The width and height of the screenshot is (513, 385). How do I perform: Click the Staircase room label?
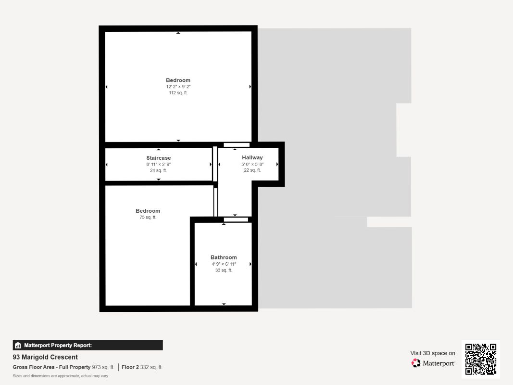click(159, 158)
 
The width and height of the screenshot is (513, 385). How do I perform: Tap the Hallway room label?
click(252, 157)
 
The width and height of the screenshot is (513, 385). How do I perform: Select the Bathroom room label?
click(224, 257)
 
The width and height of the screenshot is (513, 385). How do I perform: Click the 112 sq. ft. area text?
click(178, 93)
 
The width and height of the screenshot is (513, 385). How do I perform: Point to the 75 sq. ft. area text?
click(148, 218)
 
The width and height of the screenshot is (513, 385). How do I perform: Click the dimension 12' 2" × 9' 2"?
click(178, 87)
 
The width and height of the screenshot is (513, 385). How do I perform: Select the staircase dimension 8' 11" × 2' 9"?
click(159, 164)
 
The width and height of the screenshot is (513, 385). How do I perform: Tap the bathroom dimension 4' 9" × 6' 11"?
click(224, 264)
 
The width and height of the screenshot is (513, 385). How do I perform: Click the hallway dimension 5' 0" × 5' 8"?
click(252, 164)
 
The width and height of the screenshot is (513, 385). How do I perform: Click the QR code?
click(481, 359)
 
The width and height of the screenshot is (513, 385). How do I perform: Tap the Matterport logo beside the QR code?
click(433, 363)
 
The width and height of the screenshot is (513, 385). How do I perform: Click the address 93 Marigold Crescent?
click(45, 357)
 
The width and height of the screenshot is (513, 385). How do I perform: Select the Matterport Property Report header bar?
click(88, 345)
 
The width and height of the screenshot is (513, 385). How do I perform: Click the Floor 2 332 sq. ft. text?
click(142, 367)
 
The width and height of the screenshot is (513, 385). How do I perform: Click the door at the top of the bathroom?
click(236, 220)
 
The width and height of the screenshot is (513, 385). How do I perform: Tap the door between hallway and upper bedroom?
click(237, 145)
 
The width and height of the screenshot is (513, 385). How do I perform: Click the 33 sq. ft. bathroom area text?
click(224, 270)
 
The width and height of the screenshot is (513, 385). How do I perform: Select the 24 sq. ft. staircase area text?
click(159, 170)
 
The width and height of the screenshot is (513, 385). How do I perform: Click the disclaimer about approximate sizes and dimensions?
click(60, 376)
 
